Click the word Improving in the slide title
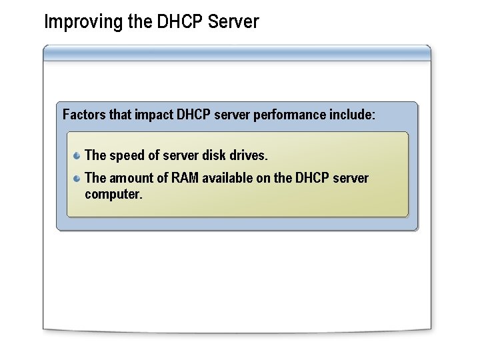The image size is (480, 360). click(75, 23)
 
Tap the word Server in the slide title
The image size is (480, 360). click(233, 22)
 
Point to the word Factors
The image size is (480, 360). click(84, 115)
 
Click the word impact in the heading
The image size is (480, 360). click(154, 115)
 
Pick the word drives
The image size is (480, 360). click(248, 155)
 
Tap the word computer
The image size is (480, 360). click(113, 195)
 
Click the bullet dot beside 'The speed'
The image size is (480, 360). click(77, 156)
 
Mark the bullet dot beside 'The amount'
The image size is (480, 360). click(77, 178)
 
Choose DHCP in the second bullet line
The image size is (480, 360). click(313, 178)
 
